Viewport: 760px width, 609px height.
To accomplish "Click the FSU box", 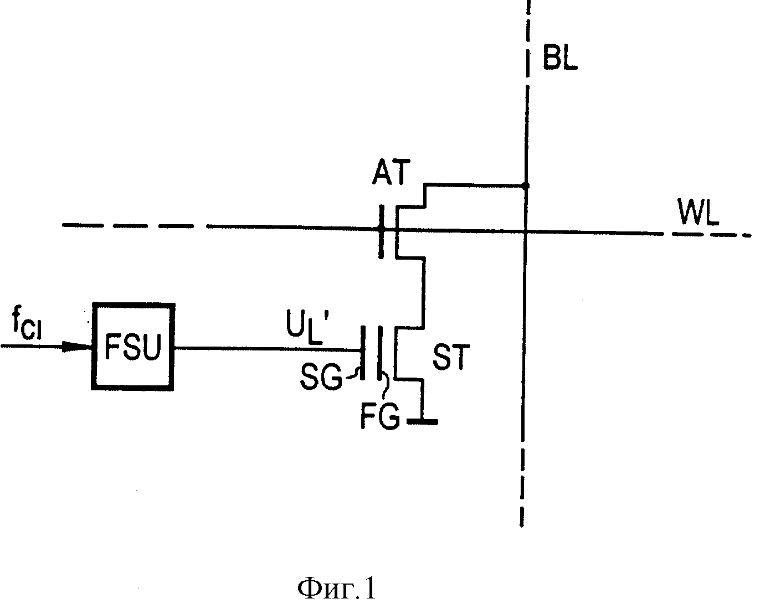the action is (133, 347).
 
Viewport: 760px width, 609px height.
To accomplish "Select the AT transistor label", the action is (391, 172).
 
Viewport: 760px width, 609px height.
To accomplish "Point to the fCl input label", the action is (27, 324).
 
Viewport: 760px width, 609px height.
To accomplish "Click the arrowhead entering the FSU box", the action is (77, 346).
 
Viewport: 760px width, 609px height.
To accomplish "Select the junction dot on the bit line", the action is (526, 185).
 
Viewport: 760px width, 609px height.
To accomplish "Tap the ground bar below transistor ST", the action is (422, 421).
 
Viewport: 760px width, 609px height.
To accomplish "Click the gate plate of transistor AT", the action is (381, 231).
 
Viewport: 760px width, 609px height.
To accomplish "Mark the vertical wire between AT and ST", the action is (423, 293).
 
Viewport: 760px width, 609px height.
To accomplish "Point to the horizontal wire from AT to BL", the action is (475, 185).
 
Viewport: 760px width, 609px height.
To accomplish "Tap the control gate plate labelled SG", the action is (362, 352).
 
